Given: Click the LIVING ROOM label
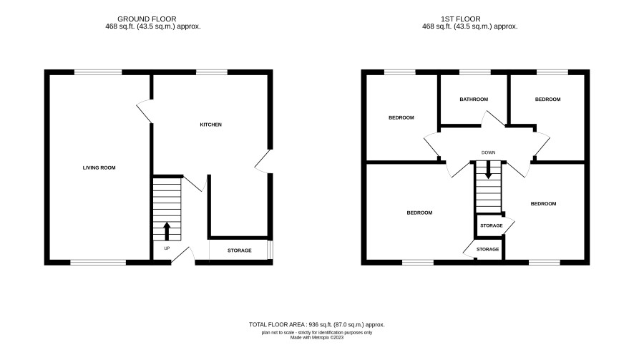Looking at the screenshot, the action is [99, 168].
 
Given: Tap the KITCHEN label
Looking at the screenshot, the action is [210, 125].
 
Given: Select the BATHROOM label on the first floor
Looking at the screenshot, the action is [474, 99].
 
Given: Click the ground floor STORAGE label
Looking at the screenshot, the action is [240, 250].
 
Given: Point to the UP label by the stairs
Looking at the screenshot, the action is [167, 248].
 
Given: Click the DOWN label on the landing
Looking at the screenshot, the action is [489, 152].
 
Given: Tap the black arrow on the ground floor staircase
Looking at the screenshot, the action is [167, 231].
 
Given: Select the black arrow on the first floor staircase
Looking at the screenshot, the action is [489, 170].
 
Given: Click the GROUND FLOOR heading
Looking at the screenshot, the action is [147, 19].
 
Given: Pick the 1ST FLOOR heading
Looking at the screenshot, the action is [461, 19].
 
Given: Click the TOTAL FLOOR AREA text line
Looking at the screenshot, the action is [316, 324].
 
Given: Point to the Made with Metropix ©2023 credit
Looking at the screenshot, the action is [316, 337].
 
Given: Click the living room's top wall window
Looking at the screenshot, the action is [98, 72].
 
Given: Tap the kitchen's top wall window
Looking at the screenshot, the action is [212, 72].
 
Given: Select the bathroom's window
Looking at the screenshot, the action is [475, 72].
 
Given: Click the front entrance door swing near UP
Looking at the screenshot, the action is [182, 256].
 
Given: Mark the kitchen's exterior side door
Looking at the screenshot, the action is [263, 162].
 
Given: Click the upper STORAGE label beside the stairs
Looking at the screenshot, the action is [492, 225].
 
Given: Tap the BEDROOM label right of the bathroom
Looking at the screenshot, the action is [547, 99].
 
